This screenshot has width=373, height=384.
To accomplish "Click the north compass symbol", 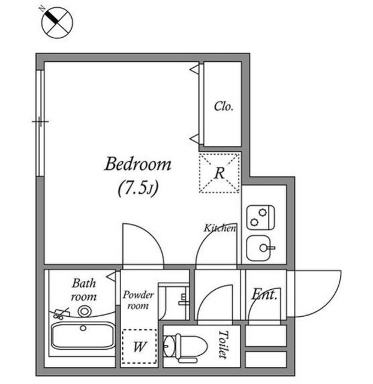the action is [56, 22].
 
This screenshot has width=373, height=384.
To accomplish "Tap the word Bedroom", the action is [138, 164].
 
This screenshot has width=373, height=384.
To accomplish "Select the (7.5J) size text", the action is [137, 188].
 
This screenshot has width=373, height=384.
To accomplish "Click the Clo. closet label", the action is [224, 107].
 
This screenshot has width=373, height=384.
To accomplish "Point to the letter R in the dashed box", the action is [219, 173].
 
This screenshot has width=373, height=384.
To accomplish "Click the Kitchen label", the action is [220, 228].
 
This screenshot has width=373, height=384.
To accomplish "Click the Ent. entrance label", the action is [264, 295].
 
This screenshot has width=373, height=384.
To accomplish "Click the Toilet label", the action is [224, 344].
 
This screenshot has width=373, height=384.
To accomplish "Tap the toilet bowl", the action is [177, 346].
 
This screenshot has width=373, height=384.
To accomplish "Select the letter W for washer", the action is [139, 347].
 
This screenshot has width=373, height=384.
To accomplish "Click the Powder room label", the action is [139, 300].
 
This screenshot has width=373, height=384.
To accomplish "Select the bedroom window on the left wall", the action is [40, 123].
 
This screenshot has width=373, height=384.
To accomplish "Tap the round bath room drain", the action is [83, 311].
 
